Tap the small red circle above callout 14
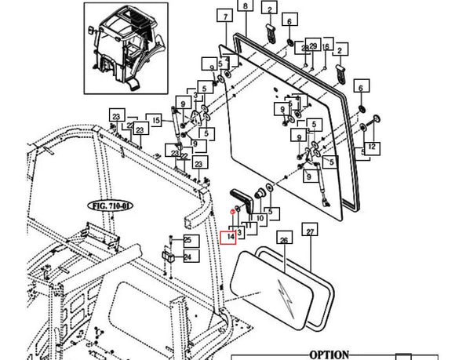[233, 213]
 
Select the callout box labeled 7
[226, 16]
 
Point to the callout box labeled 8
[245, 6]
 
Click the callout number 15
[156, 120]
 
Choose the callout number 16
[326, 46]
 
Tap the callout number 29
[312, 46]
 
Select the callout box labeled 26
[284, 234]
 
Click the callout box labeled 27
[310, 232]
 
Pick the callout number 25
[187, 239]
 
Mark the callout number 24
[187, 256]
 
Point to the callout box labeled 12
[371, 147]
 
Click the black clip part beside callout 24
[167, 256]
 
